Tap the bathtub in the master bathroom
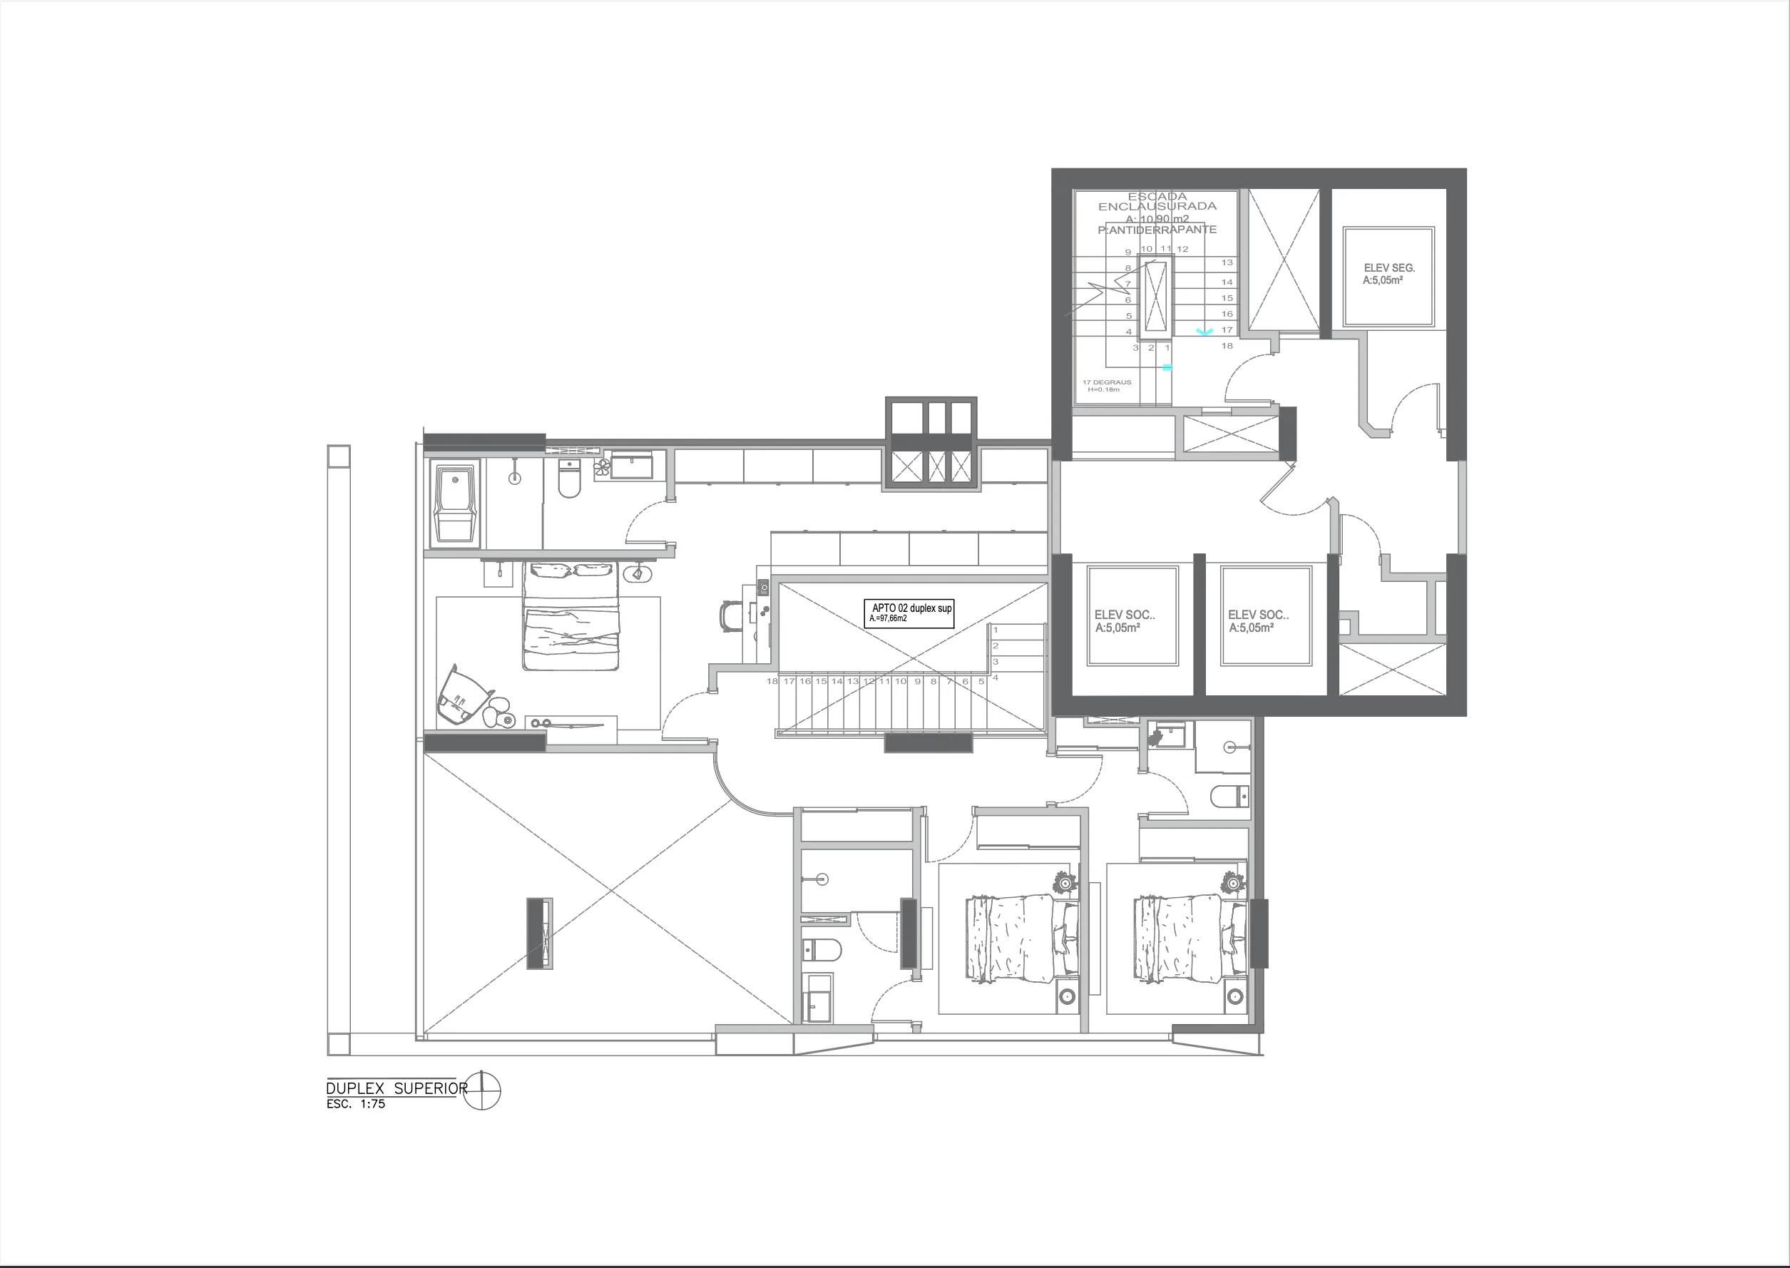tap(455, 503)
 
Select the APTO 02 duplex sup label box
tap(911, 613)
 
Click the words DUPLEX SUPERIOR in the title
tap(397, 1088)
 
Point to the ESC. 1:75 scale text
tap(355, 1104)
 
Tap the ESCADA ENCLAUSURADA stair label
tap(1157, 201)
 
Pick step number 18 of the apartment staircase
tap(772, 682)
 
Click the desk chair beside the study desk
tap(732, 615)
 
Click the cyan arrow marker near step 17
tap(1205, 332)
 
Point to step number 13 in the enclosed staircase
tap(1227, 263)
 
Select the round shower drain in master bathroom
tap(514, 479)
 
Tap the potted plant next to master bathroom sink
tap(602, 468)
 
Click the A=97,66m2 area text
tap(889, 618)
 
